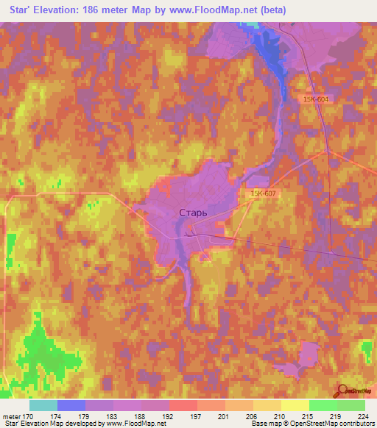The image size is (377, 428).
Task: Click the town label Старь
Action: coord(193,213)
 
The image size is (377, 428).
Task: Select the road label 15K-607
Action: coord(263,193)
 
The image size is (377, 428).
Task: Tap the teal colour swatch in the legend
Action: coord(43,405)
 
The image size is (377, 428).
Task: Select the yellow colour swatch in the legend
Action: coord(295,405)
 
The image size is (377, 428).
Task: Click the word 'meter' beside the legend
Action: coord(10,415)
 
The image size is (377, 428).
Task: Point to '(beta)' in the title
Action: coord(270,10)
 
